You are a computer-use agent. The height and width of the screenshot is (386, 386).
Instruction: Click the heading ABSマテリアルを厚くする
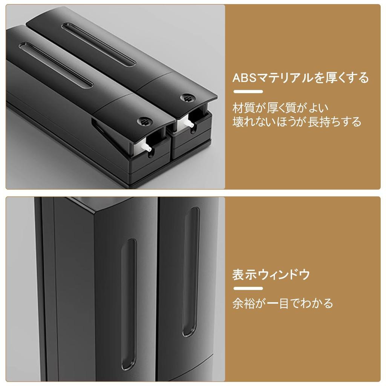(x=300, y=78)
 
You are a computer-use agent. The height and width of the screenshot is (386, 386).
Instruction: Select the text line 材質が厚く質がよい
(x=280, y=108)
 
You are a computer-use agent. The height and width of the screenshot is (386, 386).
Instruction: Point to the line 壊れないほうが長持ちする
(x=297, y=122)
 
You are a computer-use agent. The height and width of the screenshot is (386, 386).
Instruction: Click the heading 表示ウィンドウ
(x=271, y=274)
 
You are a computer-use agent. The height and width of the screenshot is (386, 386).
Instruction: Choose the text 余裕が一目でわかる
(x=283, y=303)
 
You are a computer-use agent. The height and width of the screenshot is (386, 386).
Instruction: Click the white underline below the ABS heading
(x=248, y=92)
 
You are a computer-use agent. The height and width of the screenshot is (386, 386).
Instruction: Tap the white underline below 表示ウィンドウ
(x=248, y=288)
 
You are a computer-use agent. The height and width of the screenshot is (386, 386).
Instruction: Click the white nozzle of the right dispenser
(x=188, y=122)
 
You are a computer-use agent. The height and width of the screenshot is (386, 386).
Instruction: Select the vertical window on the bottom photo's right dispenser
(x=191, y=271)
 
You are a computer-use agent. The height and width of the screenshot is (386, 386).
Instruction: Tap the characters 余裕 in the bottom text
(x=244, y=303)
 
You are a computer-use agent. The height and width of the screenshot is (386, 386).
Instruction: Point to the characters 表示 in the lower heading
(x=244, y=274)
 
